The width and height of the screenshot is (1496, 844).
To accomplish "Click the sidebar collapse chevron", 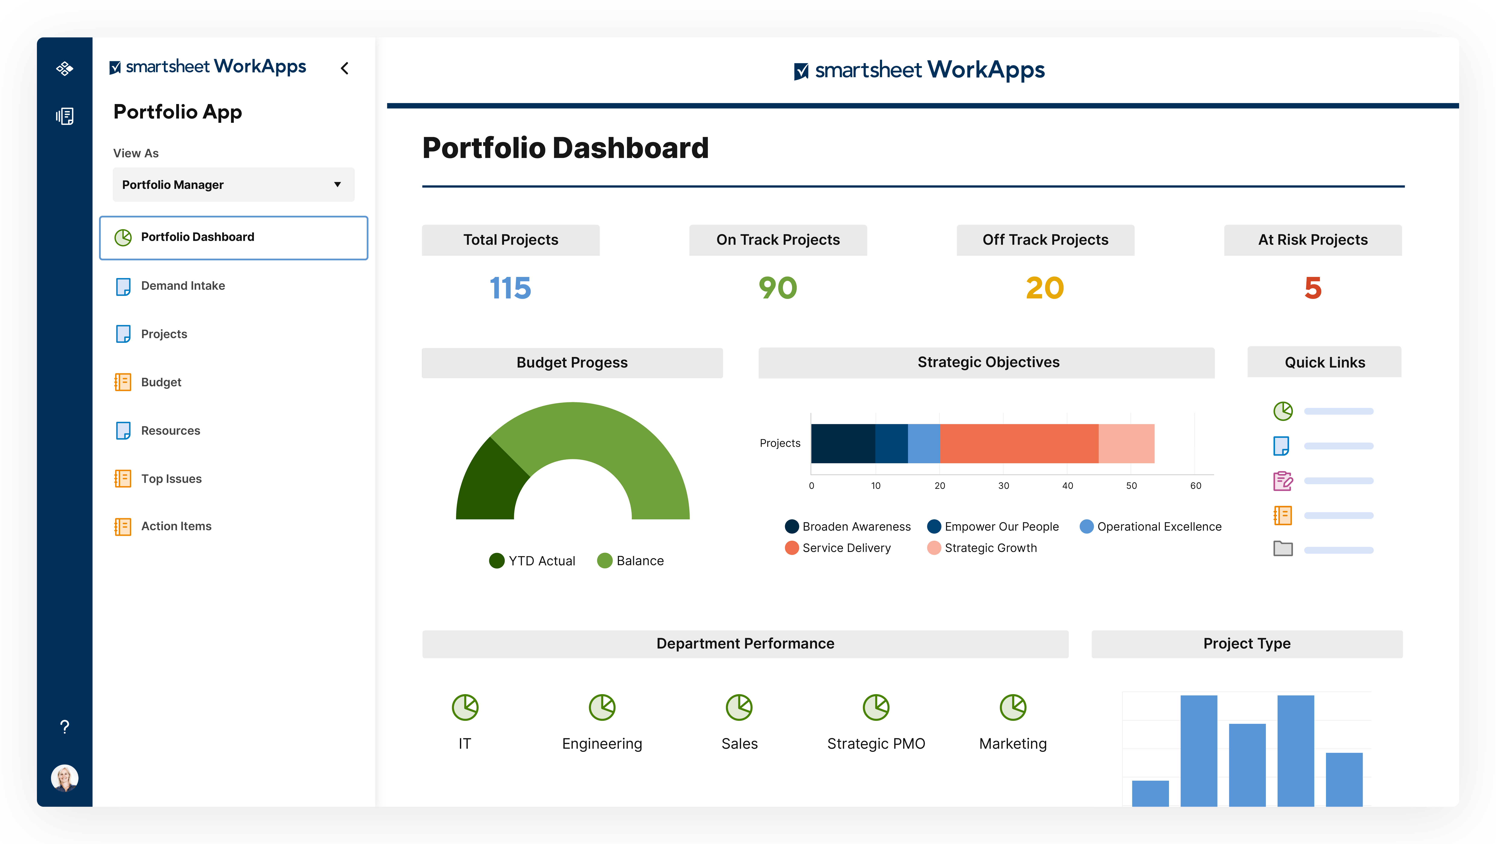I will (345, 68).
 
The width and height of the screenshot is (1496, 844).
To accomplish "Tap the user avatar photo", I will (64, 778).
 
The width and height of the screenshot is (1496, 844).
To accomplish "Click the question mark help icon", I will (64, 727).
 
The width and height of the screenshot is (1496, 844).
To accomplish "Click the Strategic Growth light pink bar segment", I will (1126, 443).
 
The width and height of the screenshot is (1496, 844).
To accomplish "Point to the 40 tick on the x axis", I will (1067, 486).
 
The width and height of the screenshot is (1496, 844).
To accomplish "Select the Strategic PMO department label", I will (876, 744).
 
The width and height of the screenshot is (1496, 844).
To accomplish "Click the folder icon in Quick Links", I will (1283, 549).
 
